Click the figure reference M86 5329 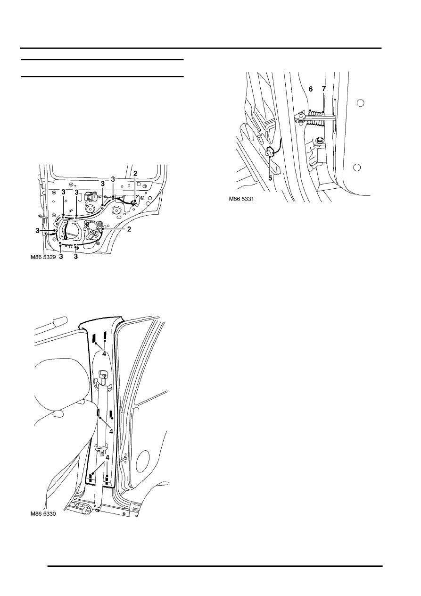pos(43,257)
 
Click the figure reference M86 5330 pos(43,514)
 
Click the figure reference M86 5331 pos(241,199)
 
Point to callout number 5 pos(270,178)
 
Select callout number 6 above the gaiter pos(310,89)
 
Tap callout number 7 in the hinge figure pos(323,89)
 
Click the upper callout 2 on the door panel pos(135,174)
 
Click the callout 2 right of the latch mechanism pos(129,229)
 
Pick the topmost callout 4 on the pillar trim pos(104,354)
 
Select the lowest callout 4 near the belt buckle pos(107,457)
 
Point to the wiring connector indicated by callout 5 pos(270,151)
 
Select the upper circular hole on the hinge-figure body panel pos(360,103)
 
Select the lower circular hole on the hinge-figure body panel pos(357,168)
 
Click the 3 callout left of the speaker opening pos(37,231)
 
